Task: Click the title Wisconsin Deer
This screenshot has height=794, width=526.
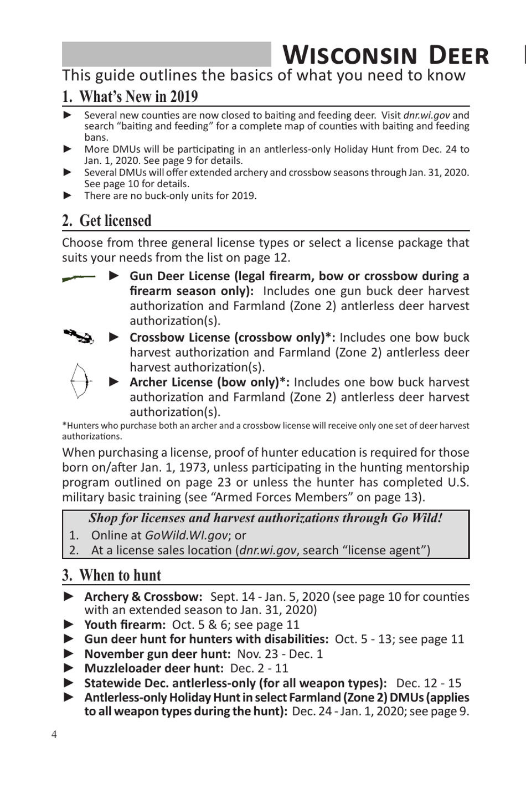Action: coord(386,55)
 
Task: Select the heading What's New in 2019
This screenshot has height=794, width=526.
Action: coord(130,96)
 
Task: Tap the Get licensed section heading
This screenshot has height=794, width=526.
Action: coord(107,220)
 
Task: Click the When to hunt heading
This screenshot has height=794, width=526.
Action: coord(112,575)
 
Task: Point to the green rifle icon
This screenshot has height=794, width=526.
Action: coord(79,278)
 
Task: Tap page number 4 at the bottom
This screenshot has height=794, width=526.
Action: coord(54,735)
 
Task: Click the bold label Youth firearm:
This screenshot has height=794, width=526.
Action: coord(125,625)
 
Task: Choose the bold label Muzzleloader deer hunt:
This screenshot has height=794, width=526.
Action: coord(154,668)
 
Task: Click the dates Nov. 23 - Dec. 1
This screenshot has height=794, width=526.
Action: coord(280,654)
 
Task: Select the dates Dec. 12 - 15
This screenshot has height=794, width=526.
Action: coord(429,683)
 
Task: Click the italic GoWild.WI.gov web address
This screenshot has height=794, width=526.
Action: coord(186,535)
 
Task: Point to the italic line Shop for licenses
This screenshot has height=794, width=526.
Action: coord(265,518)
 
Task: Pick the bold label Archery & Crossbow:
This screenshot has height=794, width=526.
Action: coord(143,596)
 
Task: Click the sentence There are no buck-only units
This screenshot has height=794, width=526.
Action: coord(170,195)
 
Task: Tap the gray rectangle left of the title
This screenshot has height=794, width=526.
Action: coord(166,54)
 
